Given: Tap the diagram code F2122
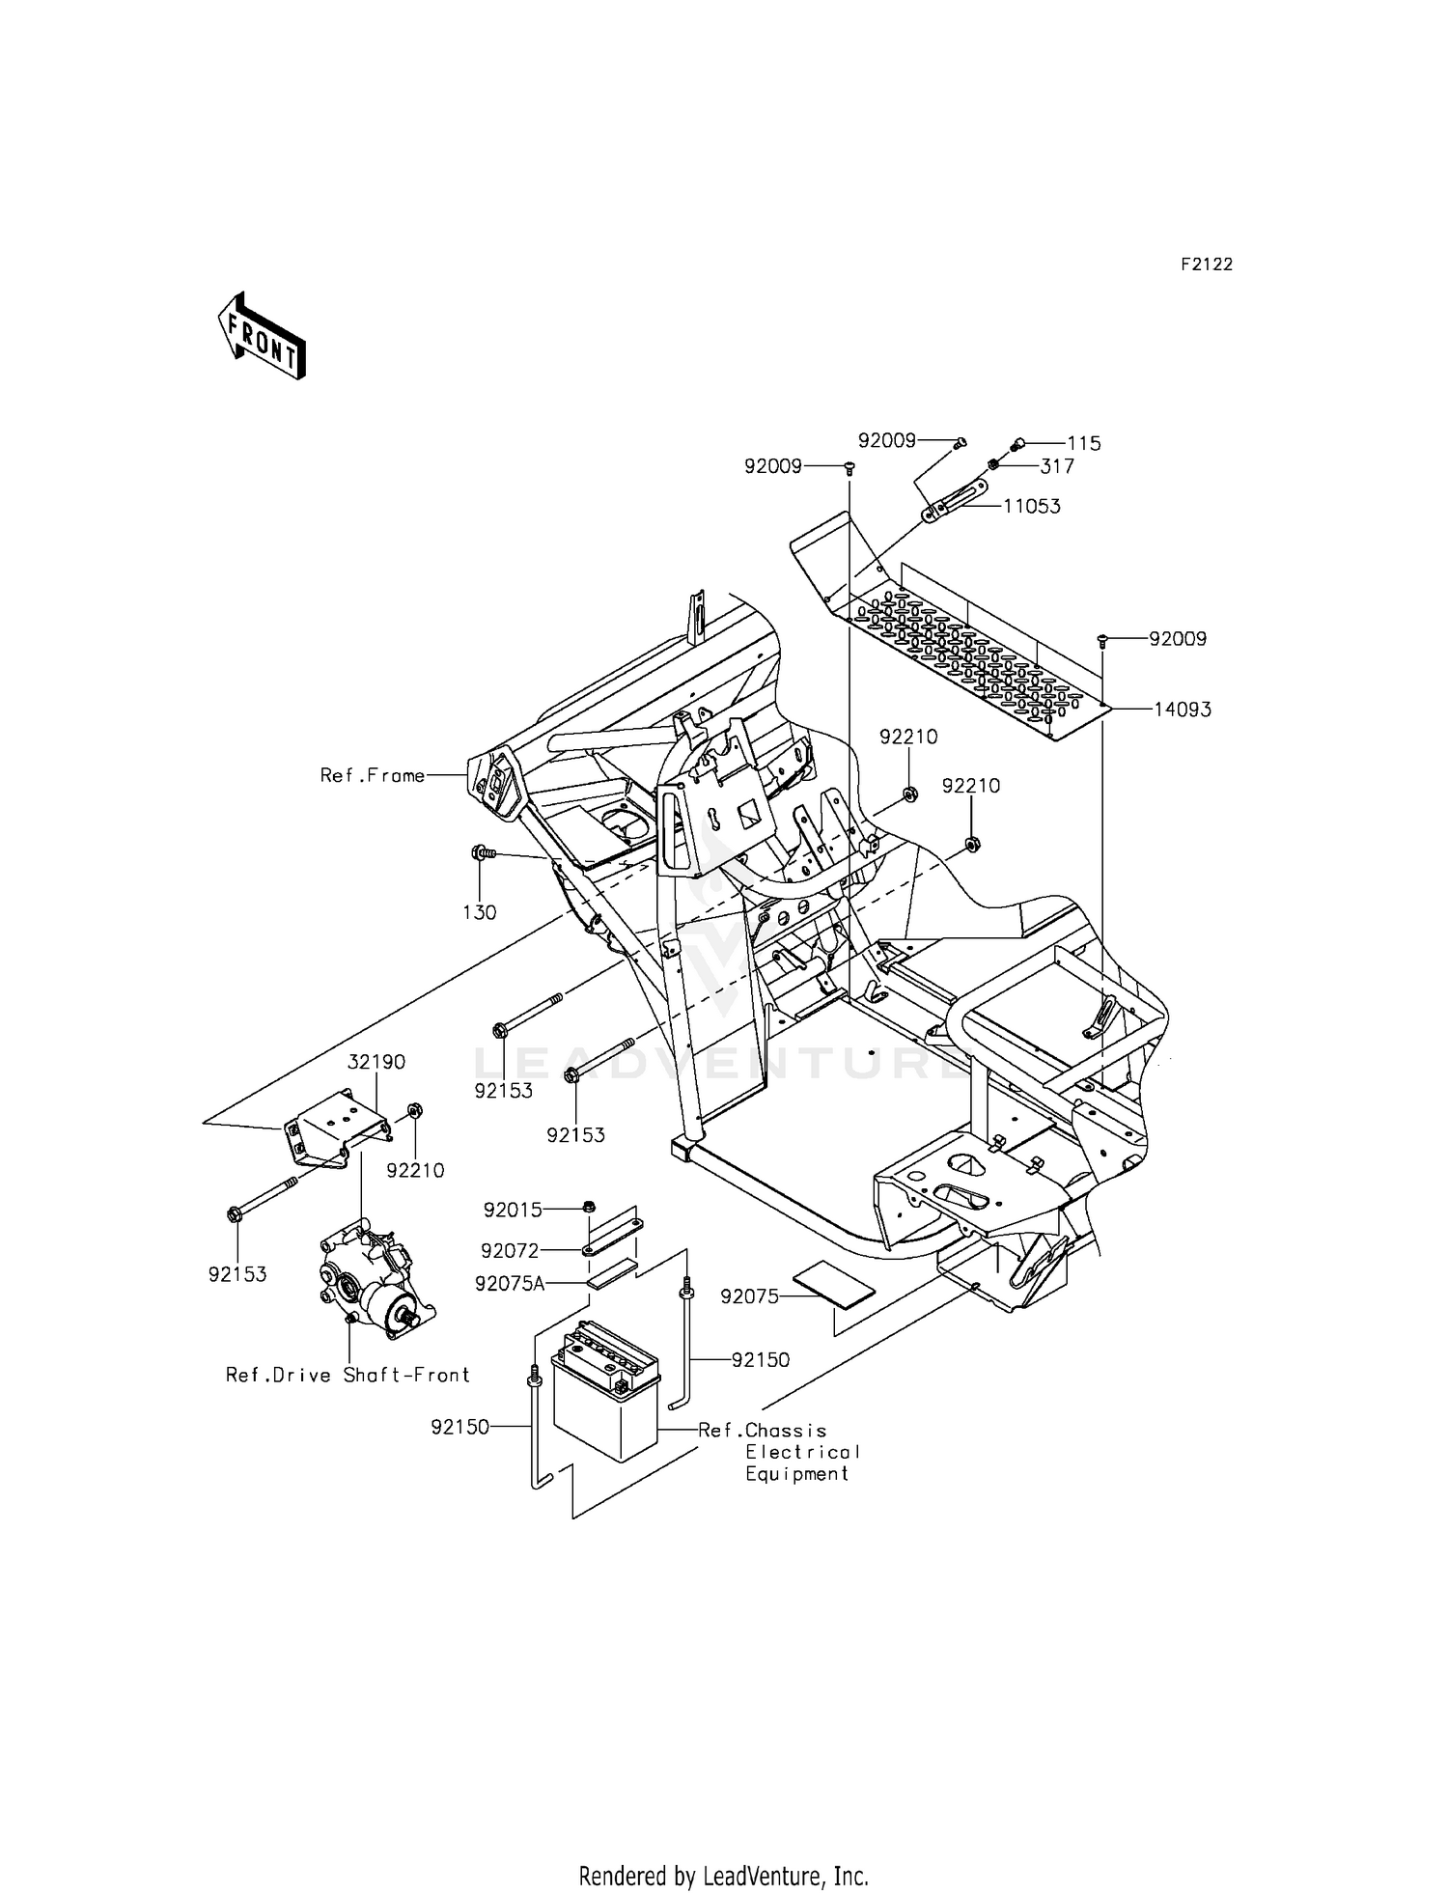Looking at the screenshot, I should coord(1206,265).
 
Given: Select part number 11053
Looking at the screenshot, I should coord(1031,506).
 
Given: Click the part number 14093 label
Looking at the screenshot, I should coord(1182,710).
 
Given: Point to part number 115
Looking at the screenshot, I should coord(1083,444).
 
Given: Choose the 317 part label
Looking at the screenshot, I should coord(1056,466).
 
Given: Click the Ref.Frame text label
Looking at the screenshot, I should coord(373,775).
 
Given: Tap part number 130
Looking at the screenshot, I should coord(479,912).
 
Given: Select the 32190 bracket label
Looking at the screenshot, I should coord(376,1062).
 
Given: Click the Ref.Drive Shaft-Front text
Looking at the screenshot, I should coord(348,1375).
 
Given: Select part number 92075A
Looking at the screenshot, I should coord(510,1283).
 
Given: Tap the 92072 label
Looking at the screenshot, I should coord(510,1251).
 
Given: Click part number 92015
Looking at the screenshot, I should coord(513,1210).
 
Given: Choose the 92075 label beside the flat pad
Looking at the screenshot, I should coord(749,1296).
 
